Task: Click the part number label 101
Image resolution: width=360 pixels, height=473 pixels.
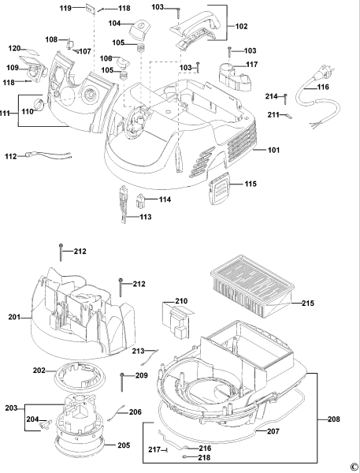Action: tap(274, 150)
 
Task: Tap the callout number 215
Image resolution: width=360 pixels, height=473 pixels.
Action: tap(308, 304)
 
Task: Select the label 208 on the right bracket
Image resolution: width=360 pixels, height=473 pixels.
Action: tap(334, 419)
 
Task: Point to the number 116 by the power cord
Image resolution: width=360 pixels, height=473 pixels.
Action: tap(323, 87)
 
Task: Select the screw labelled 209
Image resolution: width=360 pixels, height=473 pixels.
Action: tap(122, 382)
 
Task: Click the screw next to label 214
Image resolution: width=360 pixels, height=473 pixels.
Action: tap(285, 99)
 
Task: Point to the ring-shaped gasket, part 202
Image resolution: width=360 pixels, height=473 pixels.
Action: tap(80, 377)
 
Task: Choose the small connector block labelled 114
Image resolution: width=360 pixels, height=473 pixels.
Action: tap(140, 200)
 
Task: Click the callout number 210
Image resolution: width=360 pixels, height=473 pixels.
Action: tap(181, 301)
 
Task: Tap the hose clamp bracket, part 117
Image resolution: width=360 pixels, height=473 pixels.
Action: tap(236, 77)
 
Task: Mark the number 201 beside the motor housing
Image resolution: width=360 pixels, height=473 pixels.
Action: tap(14, 317)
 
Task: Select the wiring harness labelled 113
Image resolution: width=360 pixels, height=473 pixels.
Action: tap(124, 204)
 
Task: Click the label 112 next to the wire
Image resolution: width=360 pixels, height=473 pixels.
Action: tap(10, 156)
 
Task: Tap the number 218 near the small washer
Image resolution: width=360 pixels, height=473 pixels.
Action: tap(204, 457)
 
